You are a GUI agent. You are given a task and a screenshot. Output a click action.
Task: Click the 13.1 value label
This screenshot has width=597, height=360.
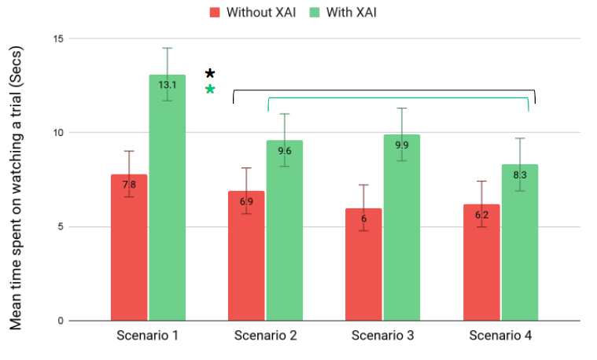point(167,85)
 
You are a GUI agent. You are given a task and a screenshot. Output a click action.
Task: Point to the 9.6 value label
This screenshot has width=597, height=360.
point(284,151)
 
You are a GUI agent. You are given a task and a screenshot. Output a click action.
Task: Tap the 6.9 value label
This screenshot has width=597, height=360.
point(245,202)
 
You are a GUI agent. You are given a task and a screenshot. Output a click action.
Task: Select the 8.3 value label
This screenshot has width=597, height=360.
point(520,175)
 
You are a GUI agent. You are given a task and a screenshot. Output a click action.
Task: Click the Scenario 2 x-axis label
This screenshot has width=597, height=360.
point(265,336)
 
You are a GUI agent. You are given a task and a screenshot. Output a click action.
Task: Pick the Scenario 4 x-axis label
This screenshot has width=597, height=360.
point(500,336)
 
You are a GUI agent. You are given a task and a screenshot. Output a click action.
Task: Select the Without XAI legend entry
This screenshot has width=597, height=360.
point(252,12)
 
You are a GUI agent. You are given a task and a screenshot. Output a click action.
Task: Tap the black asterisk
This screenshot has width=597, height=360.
point(210,74)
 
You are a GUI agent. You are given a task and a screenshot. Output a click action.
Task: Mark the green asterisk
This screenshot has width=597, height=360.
point(210,90)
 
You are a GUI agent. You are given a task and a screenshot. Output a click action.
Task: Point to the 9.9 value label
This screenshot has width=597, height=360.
point(401,145)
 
